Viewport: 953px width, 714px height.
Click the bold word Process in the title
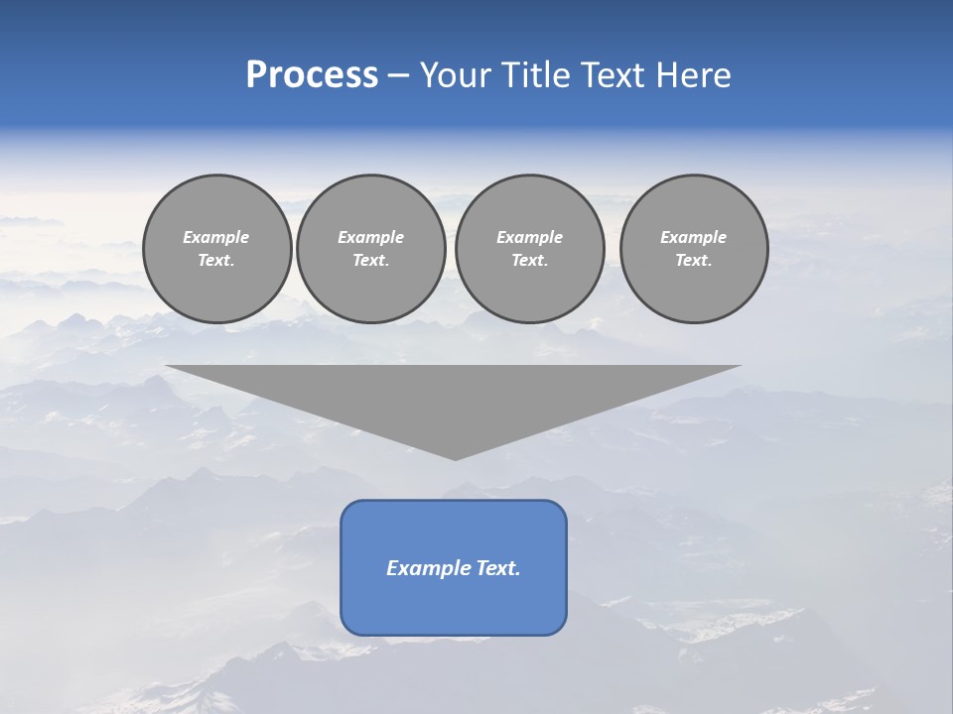312,75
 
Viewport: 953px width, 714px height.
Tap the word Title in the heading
537,75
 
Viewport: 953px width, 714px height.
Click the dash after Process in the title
398,76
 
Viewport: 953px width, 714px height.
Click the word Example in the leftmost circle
216,237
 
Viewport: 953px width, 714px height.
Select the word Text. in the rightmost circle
694,260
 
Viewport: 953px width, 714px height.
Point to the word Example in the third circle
529,237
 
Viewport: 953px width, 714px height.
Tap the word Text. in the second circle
371,260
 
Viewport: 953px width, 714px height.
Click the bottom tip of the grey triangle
455,457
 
